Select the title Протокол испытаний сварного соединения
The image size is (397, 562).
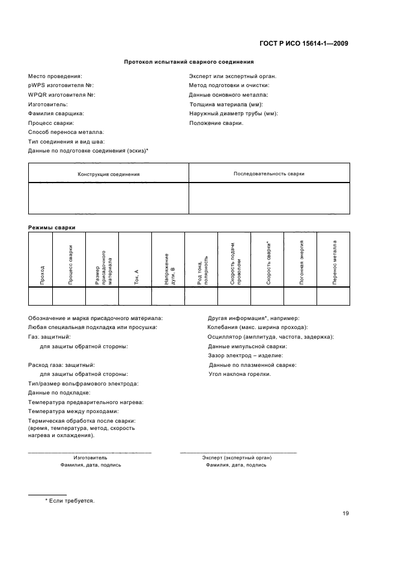189,61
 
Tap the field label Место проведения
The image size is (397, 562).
55,76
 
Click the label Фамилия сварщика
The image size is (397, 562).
56,113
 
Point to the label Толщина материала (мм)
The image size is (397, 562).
225,104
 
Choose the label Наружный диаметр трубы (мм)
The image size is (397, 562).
234,113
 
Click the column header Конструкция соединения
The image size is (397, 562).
109,174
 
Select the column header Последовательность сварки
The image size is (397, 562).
268,174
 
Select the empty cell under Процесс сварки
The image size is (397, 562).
69,297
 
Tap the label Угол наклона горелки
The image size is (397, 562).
239,374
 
